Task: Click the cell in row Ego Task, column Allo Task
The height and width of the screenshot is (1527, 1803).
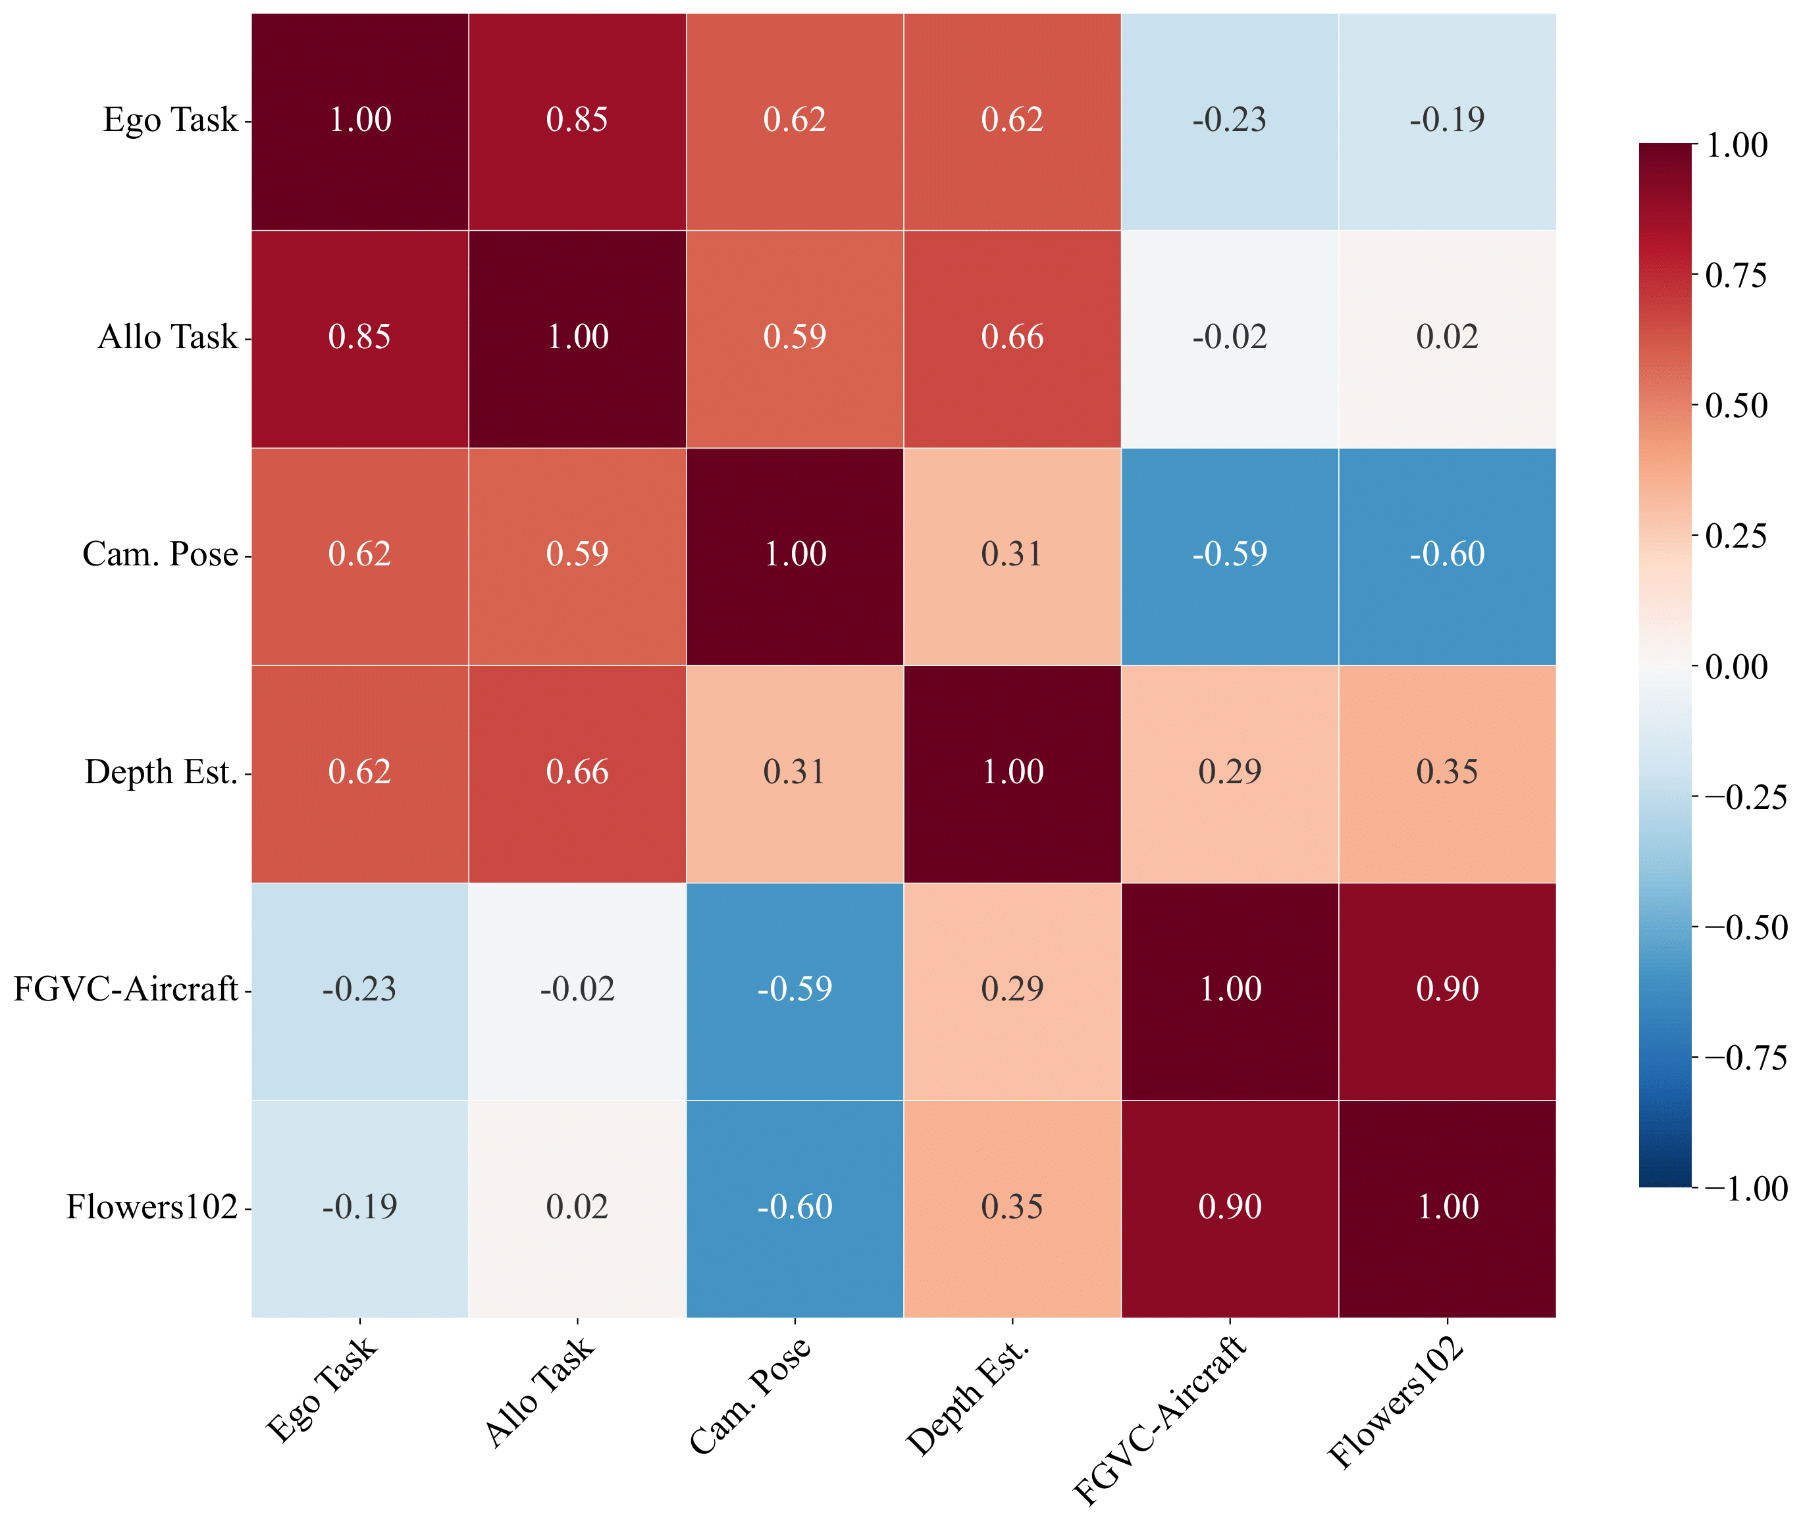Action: (x=577, y=121)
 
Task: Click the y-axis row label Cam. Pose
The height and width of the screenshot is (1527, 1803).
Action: (x=160, y=555)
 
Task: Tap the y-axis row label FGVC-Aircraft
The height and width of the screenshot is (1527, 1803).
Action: (x=126, y=989)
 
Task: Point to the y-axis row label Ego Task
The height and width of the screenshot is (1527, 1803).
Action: (x=170, y=120)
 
